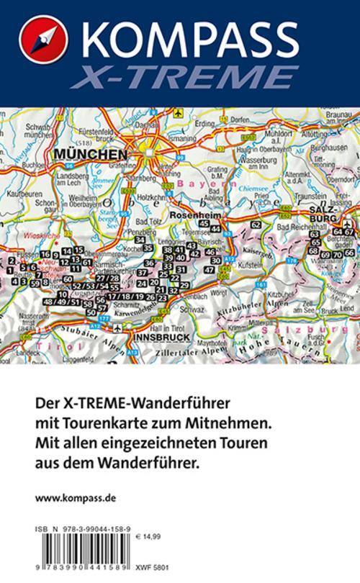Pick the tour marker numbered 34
[140, 240]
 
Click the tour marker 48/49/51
[62, 302]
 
